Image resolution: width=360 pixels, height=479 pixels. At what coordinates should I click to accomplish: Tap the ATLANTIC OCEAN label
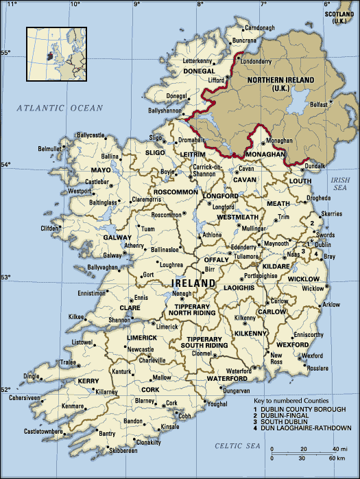coord(60,108)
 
